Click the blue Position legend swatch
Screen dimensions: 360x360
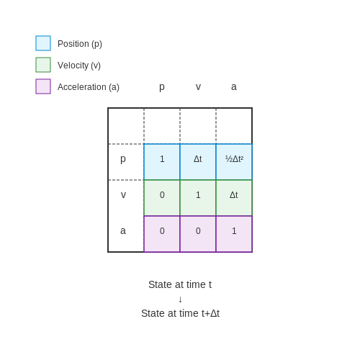(43, 43)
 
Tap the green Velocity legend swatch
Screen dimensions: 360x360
(43, 65)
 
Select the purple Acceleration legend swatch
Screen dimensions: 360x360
(43, 86)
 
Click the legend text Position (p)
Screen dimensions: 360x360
(80, 44)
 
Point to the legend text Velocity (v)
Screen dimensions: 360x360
(79, 66)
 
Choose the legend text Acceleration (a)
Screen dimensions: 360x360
(89, 87)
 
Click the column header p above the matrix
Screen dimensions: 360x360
(162, 87)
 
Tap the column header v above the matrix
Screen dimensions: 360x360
(198, 86)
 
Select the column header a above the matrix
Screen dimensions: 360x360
(234, 86)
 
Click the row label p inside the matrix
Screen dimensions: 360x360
(123, 159)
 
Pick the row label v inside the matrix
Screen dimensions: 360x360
(123, 194)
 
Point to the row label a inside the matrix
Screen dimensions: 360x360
(123, 230)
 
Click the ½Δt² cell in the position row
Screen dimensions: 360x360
(234, 162)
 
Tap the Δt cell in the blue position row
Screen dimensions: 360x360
(198, 162)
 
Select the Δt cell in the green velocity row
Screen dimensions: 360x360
(234, 198)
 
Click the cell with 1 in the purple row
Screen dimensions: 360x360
(234, 234)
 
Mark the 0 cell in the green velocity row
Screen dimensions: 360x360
(162, 198)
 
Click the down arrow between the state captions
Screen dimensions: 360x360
(180, 300)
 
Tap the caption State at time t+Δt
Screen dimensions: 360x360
(180, 313)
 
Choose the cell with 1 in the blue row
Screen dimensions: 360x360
(162, 162)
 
